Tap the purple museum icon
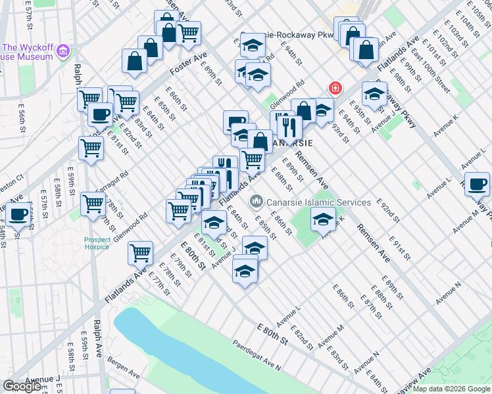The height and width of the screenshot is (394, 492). [x=63, y=51]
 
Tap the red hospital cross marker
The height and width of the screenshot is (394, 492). [x=335, y=88]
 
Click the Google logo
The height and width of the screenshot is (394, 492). [x=22, y=386]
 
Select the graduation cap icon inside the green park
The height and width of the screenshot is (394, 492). [x=322, y=220]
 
